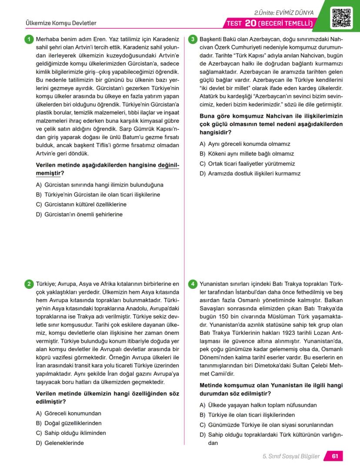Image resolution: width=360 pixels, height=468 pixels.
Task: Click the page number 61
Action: point(335,456)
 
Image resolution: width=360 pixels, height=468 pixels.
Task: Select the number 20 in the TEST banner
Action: point(251,23)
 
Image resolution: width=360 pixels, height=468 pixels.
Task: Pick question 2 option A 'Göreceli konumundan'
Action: point(69,413)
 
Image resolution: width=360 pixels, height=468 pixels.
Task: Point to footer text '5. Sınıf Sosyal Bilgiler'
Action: point(291,456)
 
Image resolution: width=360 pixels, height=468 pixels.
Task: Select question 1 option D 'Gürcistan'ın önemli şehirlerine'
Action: point(79,214)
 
